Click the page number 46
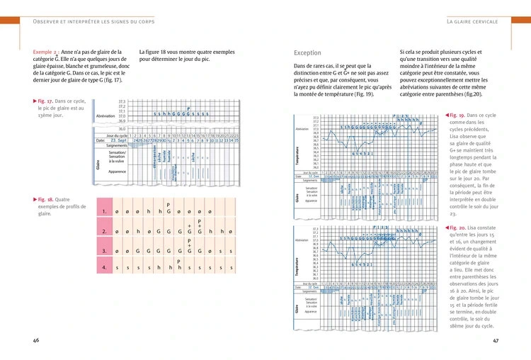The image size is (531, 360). tap(35, 340)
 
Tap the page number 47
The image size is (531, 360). tap(496, 340)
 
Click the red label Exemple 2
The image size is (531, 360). tap(47, 52)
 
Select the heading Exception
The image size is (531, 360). tap(307, 53)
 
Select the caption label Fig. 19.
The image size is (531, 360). tap(455, 115)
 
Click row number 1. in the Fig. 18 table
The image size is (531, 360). tap(104, 211)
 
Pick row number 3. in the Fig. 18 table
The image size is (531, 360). tap(104, 250)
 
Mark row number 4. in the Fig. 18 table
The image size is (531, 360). tap(104, 268)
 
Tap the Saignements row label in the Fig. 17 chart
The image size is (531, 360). tap(115, 146)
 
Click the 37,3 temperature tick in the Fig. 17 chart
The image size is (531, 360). tap(122, 101)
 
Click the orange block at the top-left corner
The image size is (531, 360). tap(15, 8)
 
